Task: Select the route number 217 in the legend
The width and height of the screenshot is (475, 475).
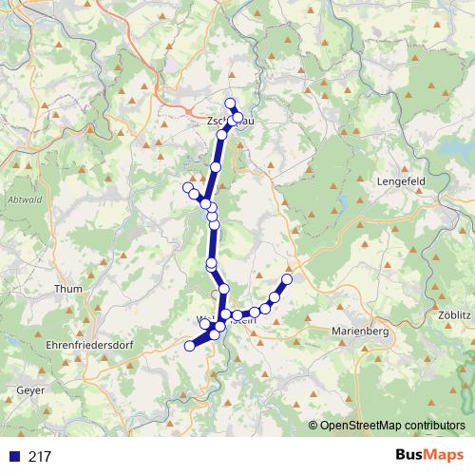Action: coord(40,457)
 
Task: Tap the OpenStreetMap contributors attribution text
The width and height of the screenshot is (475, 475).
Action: coord(392,426)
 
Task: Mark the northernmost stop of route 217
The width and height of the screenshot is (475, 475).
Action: coord(229,103)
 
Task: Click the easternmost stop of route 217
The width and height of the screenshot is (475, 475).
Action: coord(287,278)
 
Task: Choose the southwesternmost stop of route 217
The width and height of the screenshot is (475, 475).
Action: coord(189,347)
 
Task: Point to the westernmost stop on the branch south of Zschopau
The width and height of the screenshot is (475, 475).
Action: coord(187,187)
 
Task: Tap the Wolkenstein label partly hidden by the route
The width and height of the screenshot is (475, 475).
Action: coord(226,319)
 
